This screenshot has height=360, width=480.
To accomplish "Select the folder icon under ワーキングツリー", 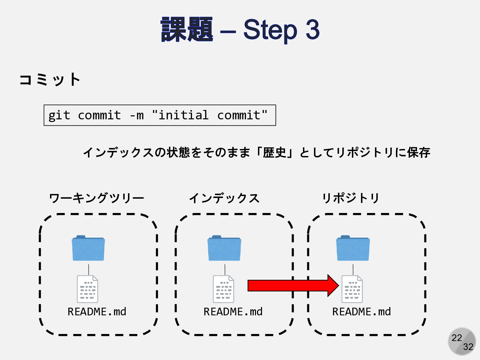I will tap(88, 248).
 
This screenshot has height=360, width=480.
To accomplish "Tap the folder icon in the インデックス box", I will tap(224, 248).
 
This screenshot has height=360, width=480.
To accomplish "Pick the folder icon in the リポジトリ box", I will tap(353, 248).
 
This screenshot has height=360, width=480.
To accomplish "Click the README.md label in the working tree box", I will tap(97, 312).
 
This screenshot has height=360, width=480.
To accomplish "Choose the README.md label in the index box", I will tap(233, 312).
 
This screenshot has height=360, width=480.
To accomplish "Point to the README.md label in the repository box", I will tap(361, 312).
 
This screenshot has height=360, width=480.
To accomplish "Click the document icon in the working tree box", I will tap(87, 289).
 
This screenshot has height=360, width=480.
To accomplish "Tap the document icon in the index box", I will tap(223, 289).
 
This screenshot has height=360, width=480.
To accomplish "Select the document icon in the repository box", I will tap(352, 289).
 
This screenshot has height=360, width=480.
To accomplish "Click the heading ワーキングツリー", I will tap(96, 198).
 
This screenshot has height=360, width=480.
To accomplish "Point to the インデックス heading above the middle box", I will tap(224, 198).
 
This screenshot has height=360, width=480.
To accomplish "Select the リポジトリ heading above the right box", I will tap(350, 198).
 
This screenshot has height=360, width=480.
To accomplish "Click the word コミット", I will tap(50, 80).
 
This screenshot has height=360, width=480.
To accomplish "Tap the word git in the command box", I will tap(59, 115).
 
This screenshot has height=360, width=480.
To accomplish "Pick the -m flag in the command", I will tap(136, 115).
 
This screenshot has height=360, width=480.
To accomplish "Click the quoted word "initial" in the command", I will tap(180, 115).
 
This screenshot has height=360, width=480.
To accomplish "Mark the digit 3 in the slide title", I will tap(312, 29).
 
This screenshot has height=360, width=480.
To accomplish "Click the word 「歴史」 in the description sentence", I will tap(274, 152).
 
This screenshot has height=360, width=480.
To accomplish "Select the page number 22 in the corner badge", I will tap(457, 338).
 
